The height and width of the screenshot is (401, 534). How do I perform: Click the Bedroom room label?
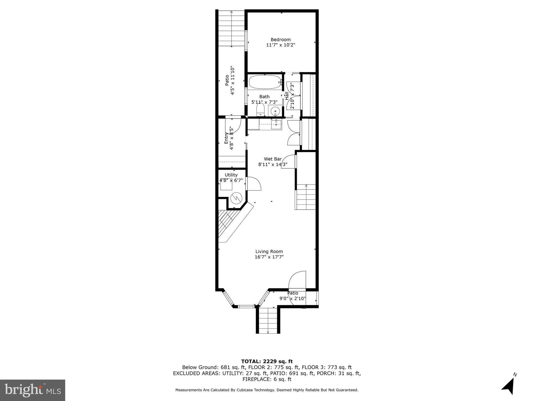coord(281,40)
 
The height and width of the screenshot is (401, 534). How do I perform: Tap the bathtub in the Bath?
coord(265,82)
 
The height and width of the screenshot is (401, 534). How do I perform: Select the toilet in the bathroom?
coord(260,110)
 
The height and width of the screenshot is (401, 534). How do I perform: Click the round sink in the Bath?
coord(275,111)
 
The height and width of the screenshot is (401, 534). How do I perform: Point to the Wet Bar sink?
coord(276,125)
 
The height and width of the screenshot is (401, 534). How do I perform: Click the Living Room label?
coord(269,252)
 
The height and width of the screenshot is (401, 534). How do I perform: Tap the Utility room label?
coord(231,175)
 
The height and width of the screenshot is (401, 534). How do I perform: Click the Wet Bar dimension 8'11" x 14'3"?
coord(273,164)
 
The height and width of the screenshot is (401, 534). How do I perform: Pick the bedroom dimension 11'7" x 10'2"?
coord(281,45)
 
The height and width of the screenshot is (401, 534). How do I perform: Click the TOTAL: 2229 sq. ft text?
coord(267,362)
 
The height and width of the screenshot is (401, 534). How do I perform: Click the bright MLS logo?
coord(33,390)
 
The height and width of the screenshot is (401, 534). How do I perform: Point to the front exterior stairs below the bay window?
coord(268,320)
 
